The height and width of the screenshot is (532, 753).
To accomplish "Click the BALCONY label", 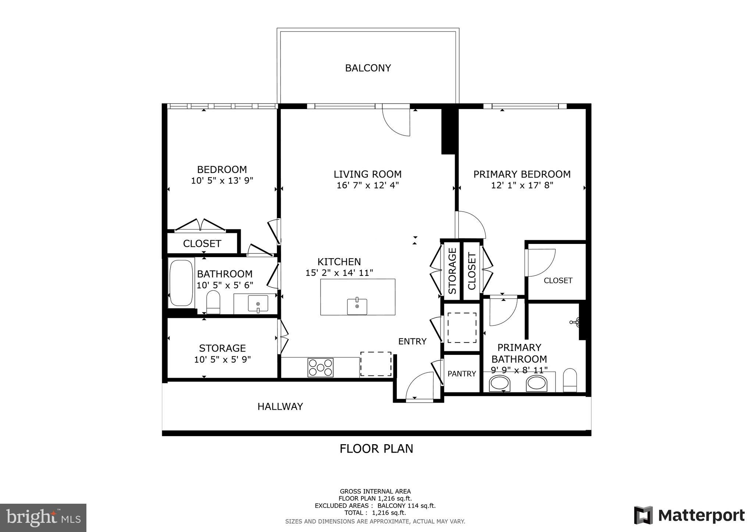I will [x=368, y=68].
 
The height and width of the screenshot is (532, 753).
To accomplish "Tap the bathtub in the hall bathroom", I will [x=181, y=283].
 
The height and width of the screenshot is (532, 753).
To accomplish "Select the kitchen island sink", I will [x=357, y=306].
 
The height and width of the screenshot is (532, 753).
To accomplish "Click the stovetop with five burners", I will [x=321, y=367].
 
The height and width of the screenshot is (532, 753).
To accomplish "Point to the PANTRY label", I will [x=462, y=374].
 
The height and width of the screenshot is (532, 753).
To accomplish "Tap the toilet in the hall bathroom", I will [x=213, y=302].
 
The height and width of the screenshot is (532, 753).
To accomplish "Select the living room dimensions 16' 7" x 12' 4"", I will [x=368, y=185].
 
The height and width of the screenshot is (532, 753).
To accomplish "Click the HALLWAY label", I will [x=280, y=406].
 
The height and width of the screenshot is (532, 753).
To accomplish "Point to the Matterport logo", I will [x=689, y=515].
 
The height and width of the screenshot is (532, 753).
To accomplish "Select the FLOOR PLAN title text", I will [x=376, y=449].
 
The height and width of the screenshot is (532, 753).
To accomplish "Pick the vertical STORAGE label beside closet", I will [x=452, y=271].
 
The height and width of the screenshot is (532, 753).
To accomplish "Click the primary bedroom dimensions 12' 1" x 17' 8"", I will [x=522, y=185].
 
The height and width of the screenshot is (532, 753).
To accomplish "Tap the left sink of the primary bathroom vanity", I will [x=500, y=384].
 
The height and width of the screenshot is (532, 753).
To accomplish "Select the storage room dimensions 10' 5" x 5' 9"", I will [x=222, y=359].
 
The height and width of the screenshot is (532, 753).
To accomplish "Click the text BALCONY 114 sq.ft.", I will [x=406, y=506].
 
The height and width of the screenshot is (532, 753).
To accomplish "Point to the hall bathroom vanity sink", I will [x=258, y=303].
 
